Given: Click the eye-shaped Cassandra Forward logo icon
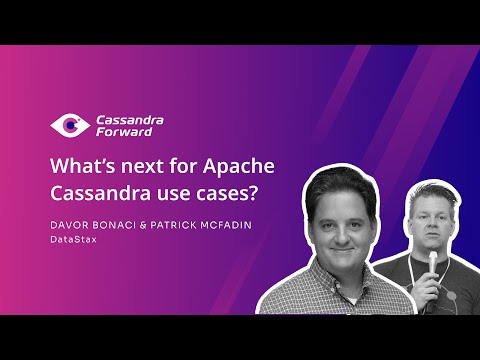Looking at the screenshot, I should [x=69, y=126].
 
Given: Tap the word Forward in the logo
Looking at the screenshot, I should [x=121, y=132].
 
